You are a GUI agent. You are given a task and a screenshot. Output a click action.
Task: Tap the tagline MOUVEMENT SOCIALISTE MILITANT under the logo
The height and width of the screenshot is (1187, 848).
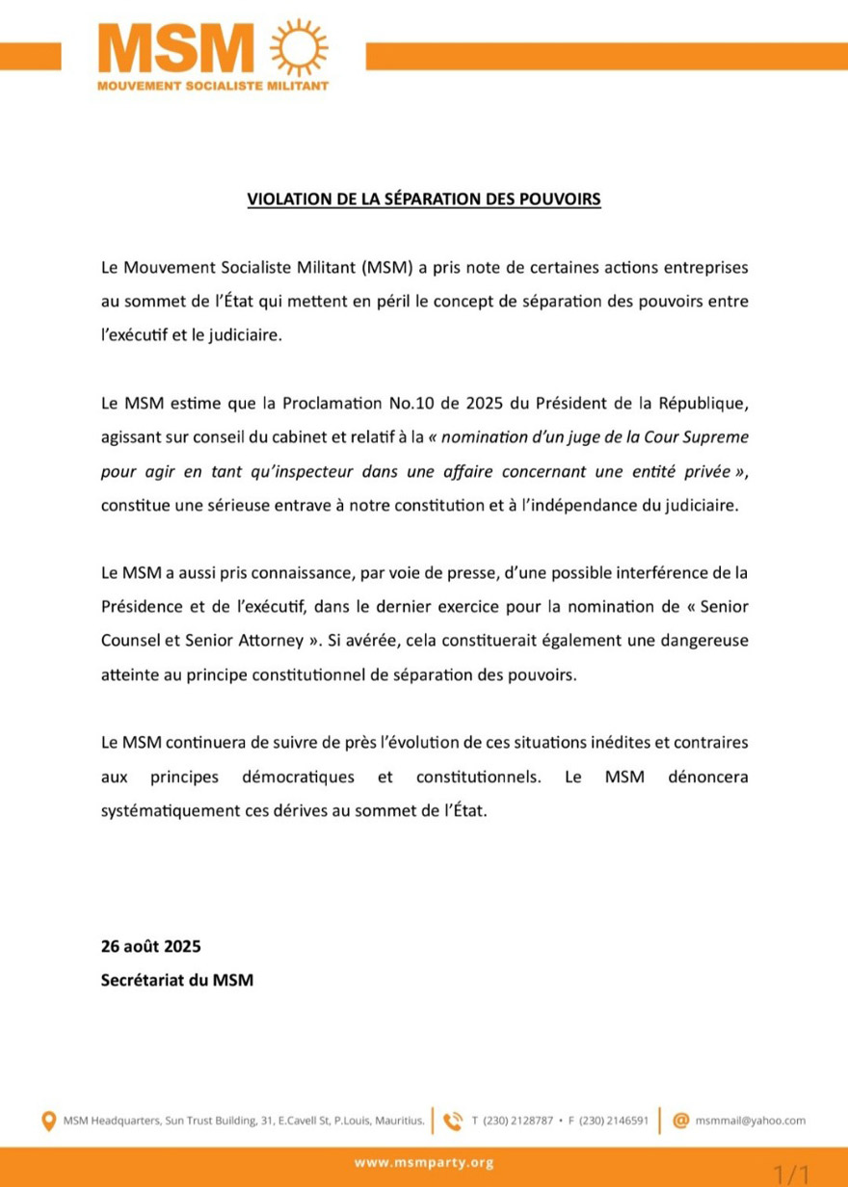coord(213,86)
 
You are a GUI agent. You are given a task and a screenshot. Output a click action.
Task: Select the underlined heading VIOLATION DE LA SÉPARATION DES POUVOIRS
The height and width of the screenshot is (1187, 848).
coord(424,200)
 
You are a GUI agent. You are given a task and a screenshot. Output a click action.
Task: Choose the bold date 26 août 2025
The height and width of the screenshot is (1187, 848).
coord(150,947)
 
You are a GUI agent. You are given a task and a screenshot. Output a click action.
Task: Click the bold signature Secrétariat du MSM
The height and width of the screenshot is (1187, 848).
coord(177,982)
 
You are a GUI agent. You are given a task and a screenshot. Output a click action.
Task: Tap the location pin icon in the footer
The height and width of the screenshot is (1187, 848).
coord(48,1121)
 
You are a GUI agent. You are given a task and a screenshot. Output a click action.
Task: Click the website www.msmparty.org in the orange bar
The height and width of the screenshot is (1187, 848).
coord(424,1163)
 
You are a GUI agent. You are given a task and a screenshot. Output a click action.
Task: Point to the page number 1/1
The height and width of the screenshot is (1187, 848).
coord(791,1174)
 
